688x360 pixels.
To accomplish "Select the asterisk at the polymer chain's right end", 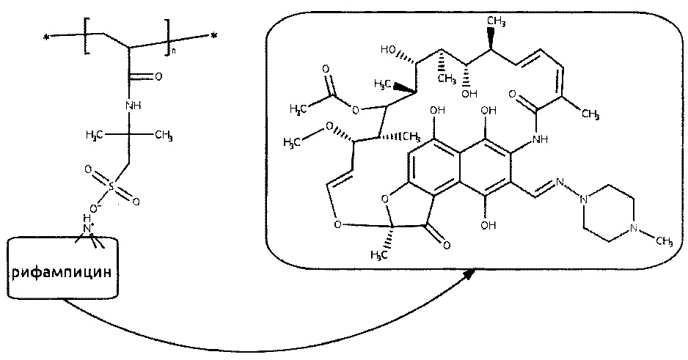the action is [x=213, y=37].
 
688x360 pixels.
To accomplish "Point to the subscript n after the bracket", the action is [x=173, y=51].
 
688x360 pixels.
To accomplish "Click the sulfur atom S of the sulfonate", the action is [x=111, y=187].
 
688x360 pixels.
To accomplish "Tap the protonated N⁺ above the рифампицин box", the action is [x=88, y=228].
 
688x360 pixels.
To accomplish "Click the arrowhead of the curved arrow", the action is [x=469, y=276].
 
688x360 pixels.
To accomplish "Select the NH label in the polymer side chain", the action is [x=133, y=106].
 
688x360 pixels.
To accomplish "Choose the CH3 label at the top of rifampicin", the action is [x=497, y=21].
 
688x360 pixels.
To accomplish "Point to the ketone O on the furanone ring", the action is [x=446, y=245].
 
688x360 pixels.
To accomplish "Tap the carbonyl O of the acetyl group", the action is [x=325, y=69].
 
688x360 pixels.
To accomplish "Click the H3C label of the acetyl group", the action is [x=298, y=109].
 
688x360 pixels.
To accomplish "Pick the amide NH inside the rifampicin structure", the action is [x=539, y=139].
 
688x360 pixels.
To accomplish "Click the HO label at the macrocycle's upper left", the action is [x=388, y=50].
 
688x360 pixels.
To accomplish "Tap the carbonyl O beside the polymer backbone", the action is [x=158, y=77].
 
